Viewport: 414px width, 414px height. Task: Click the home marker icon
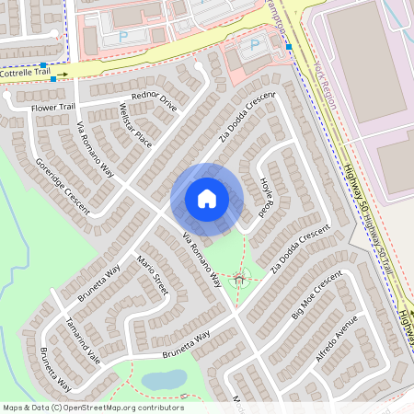point(206,199)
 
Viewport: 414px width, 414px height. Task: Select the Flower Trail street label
point(52,107)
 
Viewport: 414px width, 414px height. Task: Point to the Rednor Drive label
point(154,101)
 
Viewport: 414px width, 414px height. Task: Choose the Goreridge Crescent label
point(63,185)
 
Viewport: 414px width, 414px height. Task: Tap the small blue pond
point(163,378)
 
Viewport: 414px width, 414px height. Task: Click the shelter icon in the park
point(240,276)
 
